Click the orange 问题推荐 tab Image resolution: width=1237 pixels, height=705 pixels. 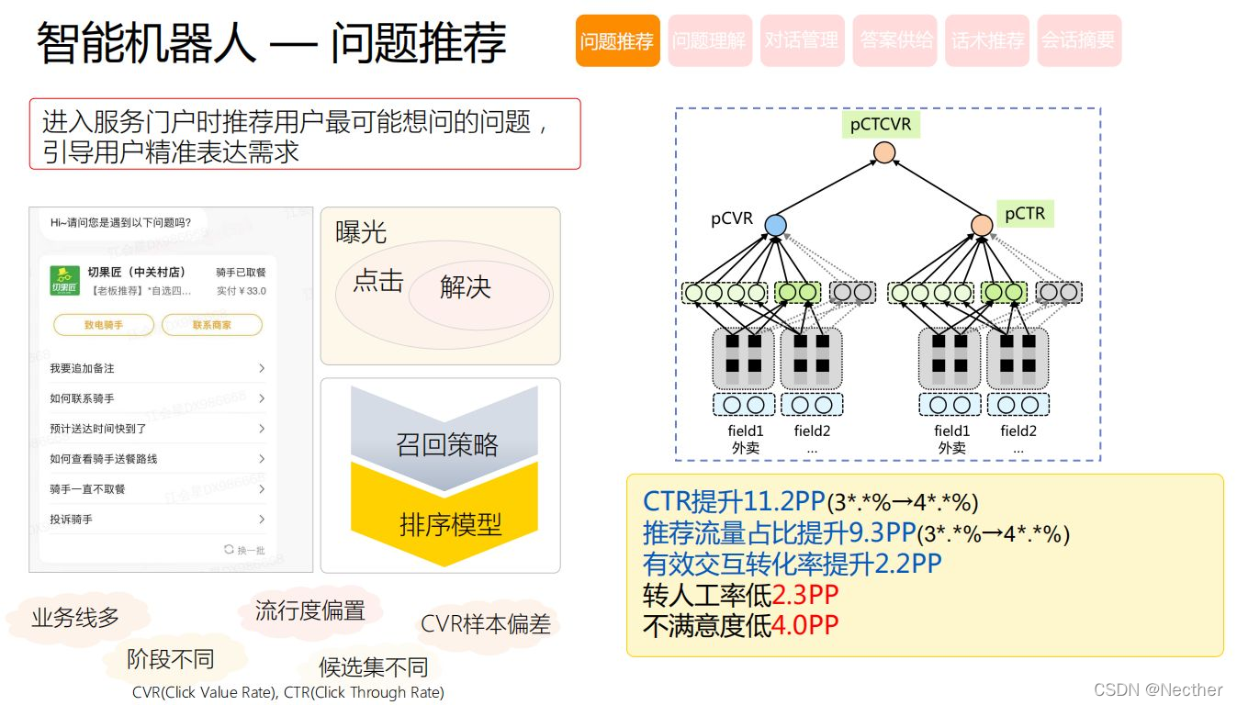coord(617,41)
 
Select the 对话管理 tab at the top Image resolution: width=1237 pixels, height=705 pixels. coord(802,41)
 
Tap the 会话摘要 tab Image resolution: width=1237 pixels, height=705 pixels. coord(1078,41)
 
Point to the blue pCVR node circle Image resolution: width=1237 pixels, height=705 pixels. coord(775,224)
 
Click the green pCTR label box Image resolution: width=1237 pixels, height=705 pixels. coord(1025,214)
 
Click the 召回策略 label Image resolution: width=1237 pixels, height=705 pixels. coord(447,445)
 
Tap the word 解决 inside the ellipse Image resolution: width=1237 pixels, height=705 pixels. coord(466,287)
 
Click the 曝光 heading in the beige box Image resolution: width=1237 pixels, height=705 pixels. coord(361,233)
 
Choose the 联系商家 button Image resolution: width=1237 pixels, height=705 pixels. coord(212,325)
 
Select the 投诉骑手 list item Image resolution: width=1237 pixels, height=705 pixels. coord(72,520)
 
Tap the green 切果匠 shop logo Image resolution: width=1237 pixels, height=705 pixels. coord(64,279)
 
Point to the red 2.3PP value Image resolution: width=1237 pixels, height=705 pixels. coord(805,595)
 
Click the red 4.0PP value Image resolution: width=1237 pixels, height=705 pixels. coord(805,626)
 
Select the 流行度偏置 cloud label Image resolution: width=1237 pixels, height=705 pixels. coord(310,610)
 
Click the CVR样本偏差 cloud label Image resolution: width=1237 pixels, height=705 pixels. coord(485,624)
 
